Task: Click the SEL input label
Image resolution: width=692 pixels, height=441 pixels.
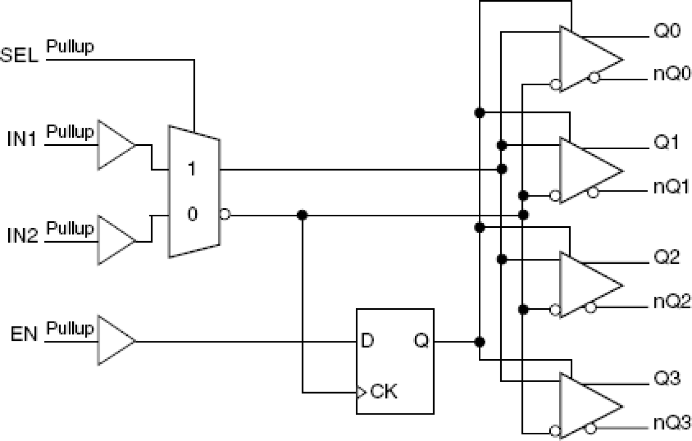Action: click(20, 57)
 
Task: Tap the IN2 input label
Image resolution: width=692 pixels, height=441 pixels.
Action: click(21, 237)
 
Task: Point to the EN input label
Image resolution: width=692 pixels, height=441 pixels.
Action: click(24, 335)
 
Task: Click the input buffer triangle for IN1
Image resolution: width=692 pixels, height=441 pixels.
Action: click(115, 145)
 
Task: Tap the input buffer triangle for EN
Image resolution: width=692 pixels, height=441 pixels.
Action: click(115, 340)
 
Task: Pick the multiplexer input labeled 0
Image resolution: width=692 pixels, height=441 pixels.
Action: click(191, 214)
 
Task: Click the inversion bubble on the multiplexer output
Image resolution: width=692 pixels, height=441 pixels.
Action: click(225, 214)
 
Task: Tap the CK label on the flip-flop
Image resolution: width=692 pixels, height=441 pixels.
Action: click(384, 393)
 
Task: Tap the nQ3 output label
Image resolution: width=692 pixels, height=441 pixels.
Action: click(672, 423)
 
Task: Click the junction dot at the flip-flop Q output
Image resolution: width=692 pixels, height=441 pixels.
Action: click(479, 342)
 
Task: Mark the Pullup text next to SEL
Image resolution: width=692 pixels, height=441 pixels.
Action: click(70, 47)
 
